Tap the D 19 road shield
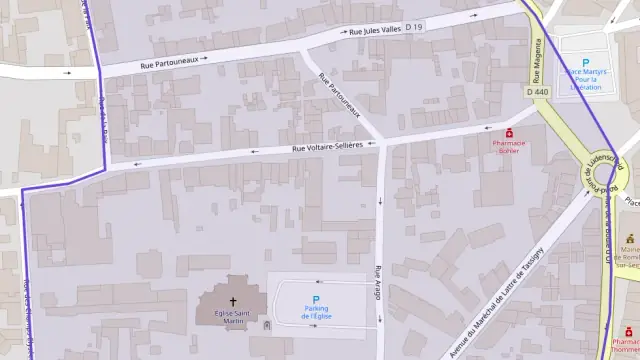(x=415, y=26)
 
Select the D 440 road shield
(x=537, y=92)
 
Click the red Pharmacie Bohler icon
(x=509, y=132)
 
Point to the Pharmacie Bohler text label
(x=509, y=148)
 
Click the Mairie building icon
(x=630, y=239)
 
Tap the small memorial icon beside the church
(x=266, y=325)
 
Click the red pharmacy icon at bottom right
(x=631, y=327)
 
